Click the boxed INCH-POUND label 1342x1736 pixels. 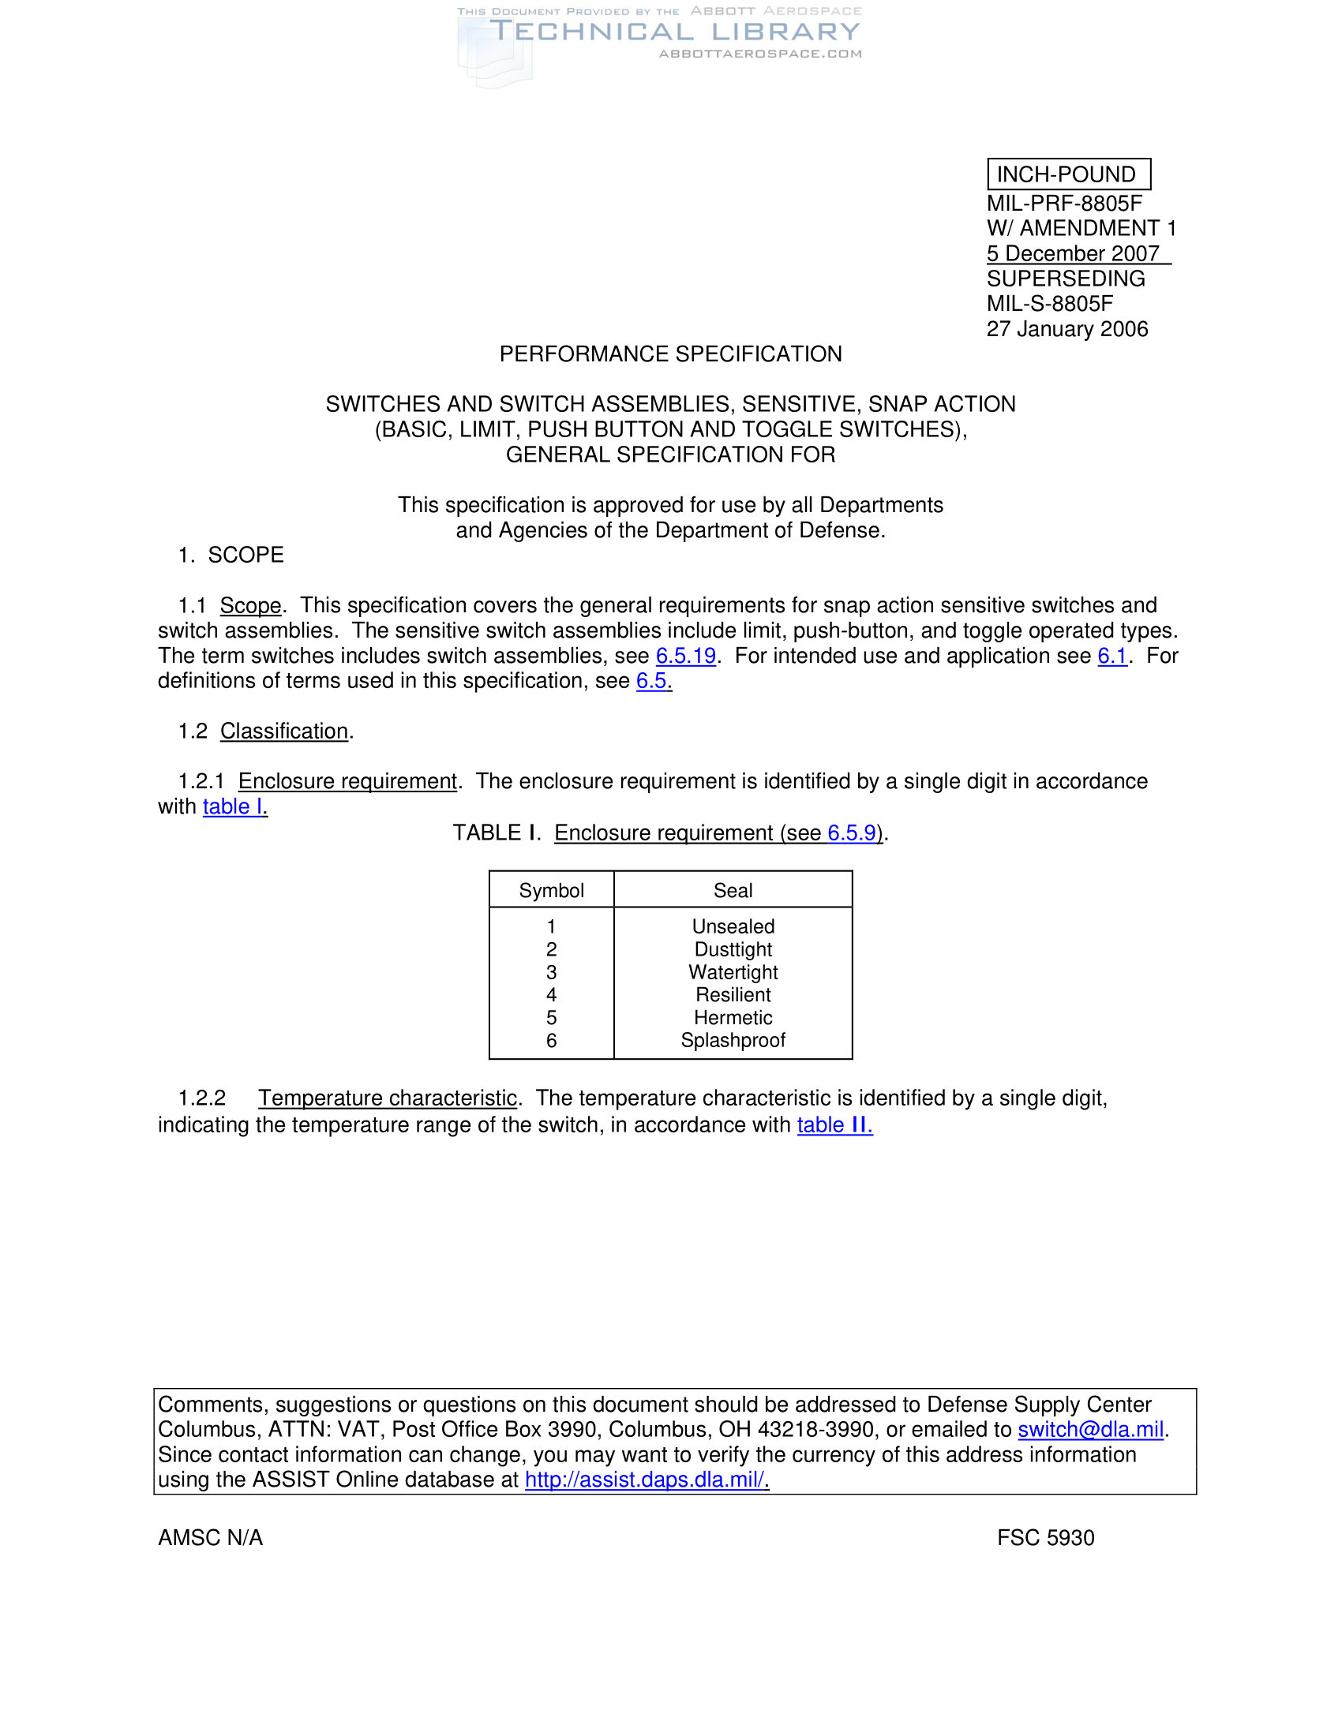click(x=1068, y=174)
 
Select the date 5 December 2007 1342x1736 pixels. click(x=1074, y=253)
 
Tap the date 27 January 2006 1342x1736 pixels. click(x=1067, y=329)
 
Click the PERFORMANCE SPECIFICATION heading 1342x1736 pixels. click(x=670, y=354)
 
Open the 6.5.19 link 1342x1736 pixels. click(x=685, y=656)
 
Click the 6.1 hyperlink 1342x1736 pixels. click(x=1112, y=656)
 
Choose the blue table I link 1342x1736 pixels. click(x=234, y=806)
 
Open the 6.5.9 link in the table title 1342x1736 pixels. click(x=852, y=832)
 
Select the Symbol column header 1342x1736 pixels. click(x=551, y=890)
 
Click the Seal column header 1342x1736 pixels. click(x=733, y=890)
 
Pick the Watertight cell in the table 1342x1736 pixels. click(x=733, y=972)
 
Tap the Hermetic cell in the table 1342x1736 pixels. click(x=733, y=1017)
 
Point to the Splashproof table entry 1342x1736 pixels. click(x=733, y=1041)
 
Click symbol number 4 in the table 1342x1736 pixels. click(x=551, y=994)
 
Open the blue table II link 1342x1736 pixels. click(x=834, y=1124)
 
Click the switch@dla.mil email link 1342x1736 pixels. click(x=1090, y=1429)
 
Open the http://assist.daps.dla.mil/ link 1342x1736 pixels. click(x=646, y=1480)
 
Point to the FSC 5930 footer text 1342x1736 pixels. click(x=1045, y=1538)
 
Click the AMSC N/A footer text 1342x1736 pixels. click(x=211, y=1538)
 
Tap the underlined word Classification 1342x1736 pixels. click(x=284, y=731)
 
